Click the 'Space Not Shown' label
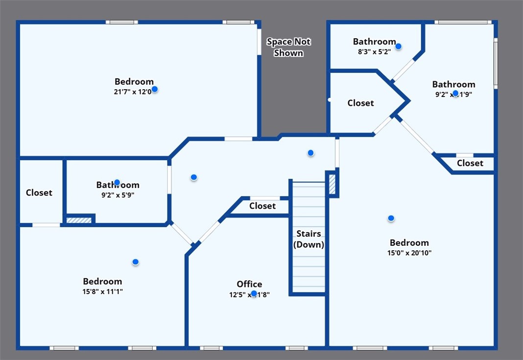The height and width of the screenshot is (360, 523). [288, 48]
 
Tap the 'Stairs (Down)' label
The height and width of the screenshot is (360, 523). [309, 239]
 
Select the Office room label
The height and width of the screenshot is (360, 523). [249, 284]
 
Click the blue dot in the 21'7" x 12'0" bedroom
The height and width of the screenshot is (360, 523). [155, 89]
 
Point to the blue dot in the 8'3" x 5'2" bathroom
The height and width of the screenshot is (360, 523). [398, 47]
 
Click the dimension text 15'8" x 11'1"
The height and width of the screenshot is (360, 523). [102, 291]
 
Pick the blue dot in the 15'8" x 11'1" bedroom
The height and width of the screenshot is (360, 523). [135, 262]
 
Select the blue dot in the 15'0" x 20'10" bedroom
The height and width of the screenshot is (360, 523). [391, 218]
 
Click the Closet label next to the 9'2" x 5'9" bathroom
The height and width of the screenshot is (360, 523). [39, 193]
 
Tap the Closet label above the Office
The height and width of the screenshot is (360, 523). [262, 206]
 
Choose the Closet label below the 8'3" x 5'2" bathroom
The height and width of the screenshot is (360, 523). [360, 103]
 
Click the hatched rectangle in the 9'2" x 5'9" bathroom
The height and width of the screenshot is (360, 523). [79, 220]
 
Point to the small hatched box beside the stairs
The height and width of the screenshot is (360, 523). [332, 185]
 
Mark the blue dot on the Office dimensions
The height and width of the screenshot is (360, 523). [254, 294]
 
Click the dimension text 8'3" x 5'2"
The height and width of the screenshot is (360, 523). [374, 51]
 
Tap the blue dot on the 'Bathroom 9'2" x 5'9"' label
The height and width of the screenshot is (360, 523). [117, 183]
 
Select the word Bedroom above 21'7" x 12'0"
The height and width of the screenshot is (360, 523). [134, 82]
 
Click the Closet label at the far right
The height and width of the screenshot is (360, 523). [470, 164]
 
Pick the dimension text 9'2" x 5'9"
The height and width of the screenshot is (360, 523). [118, 195]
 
